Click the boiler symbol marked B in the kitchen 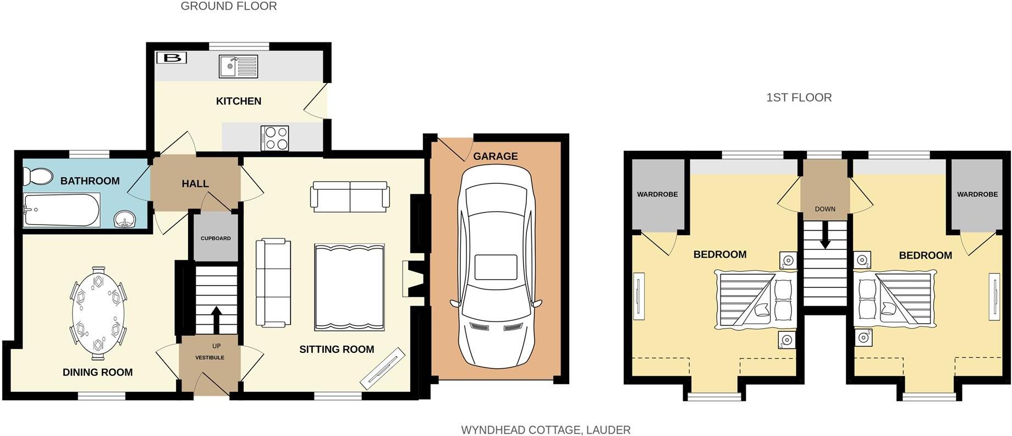[x=172, y=57]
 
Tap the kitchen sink [x=238, y=66]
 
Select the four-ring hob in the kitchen [x=276, y=138]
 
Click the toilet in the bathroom [x=37, y=176]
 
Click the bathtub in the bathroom [x=61, y=210]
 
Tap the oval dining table [x=98, y=310]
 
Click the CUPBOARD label [x=216, y=238]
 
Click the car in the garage [x=496, y=267]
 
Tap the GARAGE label [x=495, y=156]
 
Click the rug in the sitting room [x=349, y=287]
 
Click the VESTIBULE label [x=210, y=358]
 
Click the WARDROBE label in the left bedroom [x=657, y=194]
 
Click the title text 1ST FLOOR [x=799, y=97]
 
